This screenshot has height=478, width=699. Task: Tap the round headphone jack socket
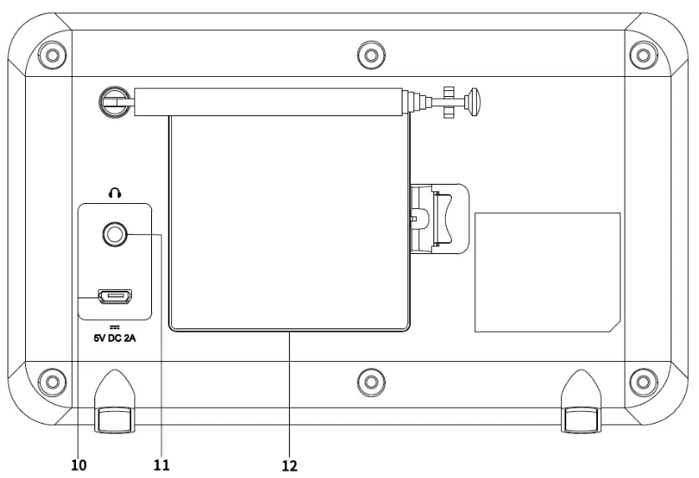(114, 236)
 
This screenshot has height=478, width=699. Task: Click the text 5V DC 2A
(115, 339)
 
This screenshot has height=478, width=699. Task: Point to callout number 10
(78, 462)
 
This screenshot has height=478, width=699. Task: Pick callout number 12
(289, 462)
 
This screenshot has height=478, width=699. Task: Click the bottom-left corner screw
(53, 381)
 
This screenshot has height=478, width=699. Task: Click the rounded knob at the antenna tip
(476, 102)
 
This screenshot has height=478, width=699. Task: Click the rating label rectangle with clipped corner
(547, 272)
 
